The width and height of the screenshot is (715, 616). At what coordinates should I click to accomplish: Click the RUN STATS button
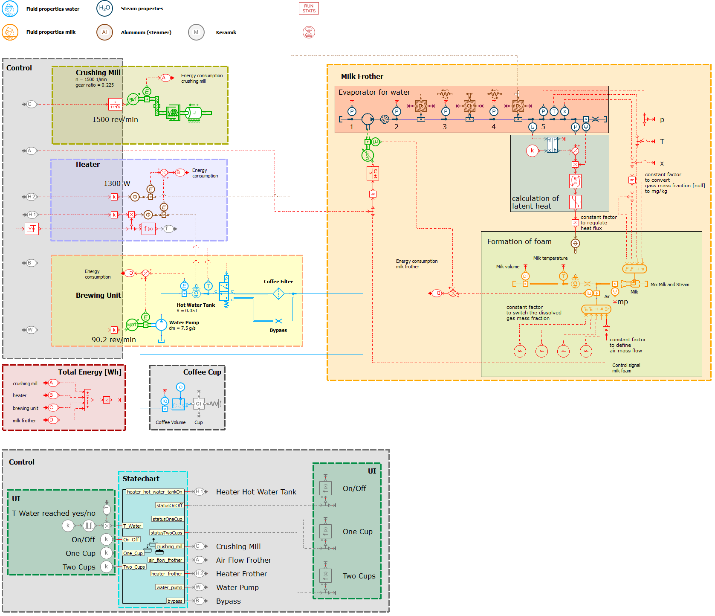click(x=309, y=9)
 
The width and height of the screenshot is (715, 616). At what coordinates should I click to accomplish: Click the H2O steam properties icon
click(x=104, y=8)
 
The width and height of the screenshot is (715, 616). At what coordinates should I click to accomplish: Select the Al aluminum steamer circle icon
click(x=104, y=32)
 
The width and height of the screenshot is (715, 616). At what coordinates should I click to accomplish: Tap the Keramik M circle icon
click(x=196, y=32)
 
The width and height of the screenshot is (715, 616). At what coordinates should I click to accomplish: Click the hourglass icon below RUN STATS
click(x=309, y=32)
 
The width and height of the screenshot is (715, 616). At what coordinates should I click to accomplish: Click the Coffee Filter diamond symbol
click(x=278, y=293)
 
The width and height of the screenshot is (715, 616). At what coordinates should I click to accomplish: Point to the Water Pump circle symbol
click(x=161, y=325)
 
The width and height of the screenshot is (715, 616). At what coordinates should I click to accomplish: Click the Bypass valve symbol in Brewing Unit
click(x=278, y=321)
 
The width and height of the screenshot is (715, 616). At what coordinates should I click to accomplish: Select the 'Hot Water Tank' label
click(x=196, y=305)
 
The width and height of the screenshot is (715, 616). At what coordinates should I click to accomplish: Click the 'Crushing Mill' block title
click(x=98, y=73)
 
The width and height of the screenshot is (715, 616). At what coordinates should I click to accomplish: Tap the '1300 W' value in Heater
click(x=117, y=183)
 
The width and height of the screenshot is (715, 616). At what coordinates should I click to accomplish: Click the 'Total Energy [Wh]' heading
click(x=90, y=372)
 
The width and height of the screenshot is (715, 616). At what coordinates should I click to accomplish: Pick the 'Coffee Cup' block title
click(x=202, y=372)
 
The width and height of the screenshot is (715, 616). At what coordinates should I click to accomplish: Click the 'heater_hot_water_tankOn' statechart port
click(x=154, y=492)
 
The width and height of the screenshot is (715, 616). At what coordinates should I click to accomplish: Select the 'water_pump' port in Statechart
click(x=169, y=587)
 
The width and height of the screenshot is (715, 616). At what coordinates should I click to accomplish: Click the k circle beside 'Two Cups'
click(x=106, y=567)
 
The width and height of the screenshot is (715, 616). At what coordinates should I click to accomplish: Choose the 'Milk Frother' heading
click(x=362, y=76)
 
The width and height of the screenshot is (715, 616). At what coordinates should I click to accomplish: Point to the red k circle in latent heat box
click(x=532, y=151)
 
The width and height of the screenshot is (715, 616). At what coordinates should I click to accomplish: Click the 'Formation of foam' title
click(x=519, y=241)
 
